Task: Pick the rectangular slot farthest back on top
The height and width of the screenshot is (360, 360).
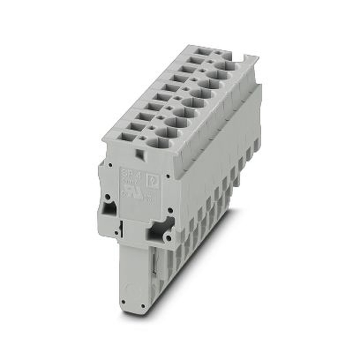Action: click(x=204, y=51)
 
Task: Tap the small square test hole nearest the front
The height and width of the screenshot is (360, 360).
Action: click(x=143, y=138)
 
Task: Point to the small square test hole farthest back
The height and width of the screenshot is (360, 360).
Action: click(x=217, y=53)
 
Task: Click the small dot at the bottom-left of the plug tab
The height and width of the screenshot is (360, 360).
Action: click(x=123, y=302)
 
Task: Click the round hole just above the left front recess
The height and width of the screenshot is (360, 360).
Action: click(x=107, y=197)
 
